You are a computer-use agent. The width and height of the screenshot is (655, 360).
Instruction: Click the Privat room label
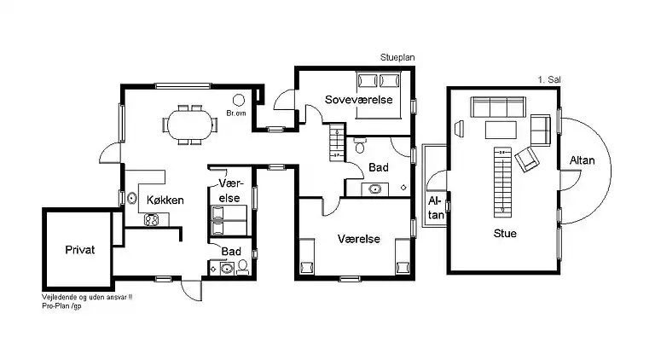tap(80, 250)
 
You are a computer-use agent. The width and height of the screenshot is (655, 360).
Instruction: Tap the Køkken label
tap(165, 200)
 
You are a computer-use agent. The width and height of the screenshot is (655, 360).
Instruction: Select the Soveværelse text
tap(359, 100)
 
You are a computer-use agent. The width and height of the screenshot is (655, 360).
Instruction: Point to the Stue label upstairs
tap(505, 233)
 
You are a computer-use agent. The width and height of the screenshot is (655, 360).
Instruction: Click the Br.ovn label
tap(236, 113)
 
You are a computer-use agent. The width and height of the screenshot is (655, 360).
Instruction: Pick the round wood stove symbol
tap(239, 100)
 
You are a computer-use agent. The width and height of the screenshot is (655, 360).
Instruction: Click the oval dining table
tap(189, 125)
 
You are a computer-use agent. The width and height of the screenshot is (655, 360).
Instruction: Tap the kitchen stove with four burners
tap(151, 220)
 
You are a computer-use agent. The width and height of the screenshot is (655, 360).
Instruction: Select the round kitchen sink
tap(132, 198)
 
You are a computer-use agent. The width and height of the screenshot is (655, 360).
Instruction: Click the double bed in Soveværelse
tap(378, 95)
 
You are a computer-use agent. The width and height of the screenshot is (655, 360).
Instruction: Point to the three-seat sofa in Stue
tap(498, 107)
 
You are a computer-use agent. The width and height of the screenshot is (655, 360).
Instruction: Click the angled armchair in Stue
tap(527, 160)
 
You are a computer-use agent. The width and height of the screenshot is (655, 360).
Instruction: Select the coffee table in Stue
tap(501, 130)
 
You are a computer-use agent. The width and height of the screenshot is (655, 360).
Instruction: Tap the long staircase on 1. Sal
tap(502, 182)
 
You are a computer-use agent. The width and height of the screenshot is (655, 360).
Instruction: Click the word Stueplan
tap(397, 58)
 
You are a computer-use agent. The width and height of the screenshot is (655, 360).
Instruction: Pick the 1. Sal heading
tap(549, 79)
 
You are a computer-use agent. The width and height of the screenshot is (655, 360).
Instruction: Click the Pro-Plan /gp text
tap(61, 305)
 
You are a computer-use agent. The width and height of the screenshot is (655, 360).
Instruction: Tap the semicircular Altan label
tap(582, 160)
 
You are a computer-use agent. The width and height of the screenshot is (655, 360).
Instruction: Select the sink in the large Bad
tap(374, 189)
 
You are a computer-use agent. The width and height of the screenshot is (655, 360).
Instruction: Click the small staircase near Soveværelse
tap(337, 142)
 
